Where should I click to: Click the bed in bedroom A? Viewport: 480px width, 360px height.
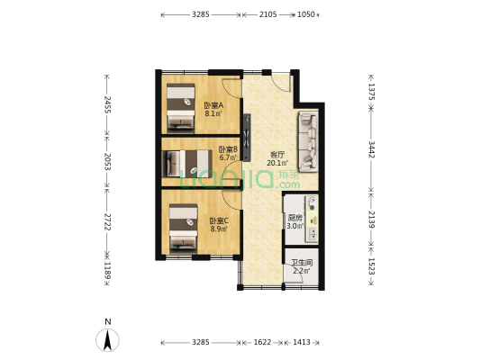181,108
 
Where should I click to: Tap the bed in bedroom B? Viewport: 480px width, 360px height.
189,164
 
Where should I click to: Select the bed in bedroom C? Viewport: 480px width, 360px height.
184,229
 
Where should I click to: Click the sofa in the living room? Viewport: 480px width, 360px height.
309,142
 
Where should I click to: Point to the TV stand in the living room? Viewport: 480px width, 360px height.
247,138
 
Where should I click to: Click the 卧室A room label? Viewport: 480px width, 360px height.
213,105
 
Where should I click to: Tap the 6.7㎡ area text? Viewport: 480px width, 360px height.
228,157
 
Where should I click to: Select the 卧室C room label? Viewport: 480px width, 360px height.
219,220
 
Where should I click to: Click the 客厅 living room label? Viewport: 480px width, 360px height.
276,155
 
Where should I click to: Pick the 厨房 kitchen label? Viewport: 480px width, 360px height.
294,219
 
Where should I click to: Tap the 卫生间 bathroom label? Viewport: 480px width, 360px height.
302,263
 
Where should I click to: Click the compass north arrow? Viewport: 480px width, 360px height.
107,340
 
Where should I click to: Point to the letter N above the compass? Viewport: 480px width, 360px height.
108,322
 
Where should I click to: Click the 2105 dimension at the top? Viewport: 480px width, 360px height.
268,14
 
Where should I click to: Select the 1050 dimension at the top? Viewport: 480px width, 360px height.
306,14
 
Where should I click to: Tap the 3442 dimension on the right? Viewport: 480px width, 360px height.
371,149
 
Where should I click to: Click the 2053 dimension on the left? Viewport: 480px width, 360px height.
107,161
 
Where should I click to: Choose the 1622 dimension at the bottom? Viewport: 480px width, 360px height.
262,342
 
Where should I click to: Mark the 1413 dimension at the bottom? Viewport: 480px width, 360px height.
302,342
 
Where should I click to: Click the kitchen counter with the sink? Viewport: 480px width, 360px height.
312,219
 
